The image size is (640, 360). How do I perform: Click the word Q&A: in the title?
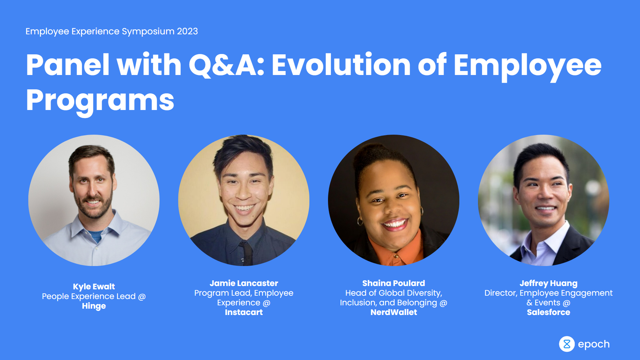click(x=227, y=65)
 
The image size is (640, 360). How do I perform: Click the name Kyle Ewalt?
click(x=94, y=287)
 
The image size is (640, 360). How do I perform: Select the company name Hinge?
click(x=94, y=306)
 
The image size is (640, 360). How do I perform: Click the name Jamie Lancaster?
click(x=244, y=283)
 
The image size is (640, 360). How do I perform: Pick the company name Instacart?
click(x=244, y=312)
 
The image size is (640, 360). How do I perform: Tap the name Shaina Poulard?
click(x=393, y=283)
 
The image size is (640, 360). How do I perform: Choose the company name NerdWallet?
click(x=393, y=312)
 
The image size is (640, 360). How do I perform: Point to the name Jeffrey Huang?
click(x=548, y=283)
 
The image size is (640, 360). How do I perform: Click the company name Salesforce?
click(x=548, y=312)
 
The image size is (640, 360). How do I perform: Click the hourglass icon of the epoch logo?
click(x=567, y=344)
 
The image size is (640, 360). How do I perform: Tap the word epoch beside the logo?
click(x=594, y=344)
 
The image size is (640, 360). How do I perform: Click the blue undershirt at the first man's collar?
click(x=96, y=236)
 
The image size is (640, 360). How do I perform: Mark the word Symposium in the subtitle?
click(x=148, y=31)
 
